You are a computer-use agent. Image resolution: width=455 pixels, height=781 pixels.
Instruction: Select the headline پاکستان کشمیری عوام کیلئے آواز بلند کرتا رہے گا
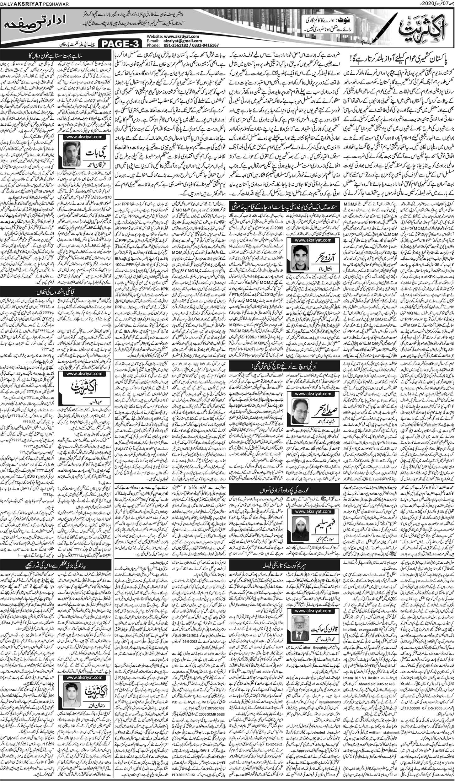pos(401,59)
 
